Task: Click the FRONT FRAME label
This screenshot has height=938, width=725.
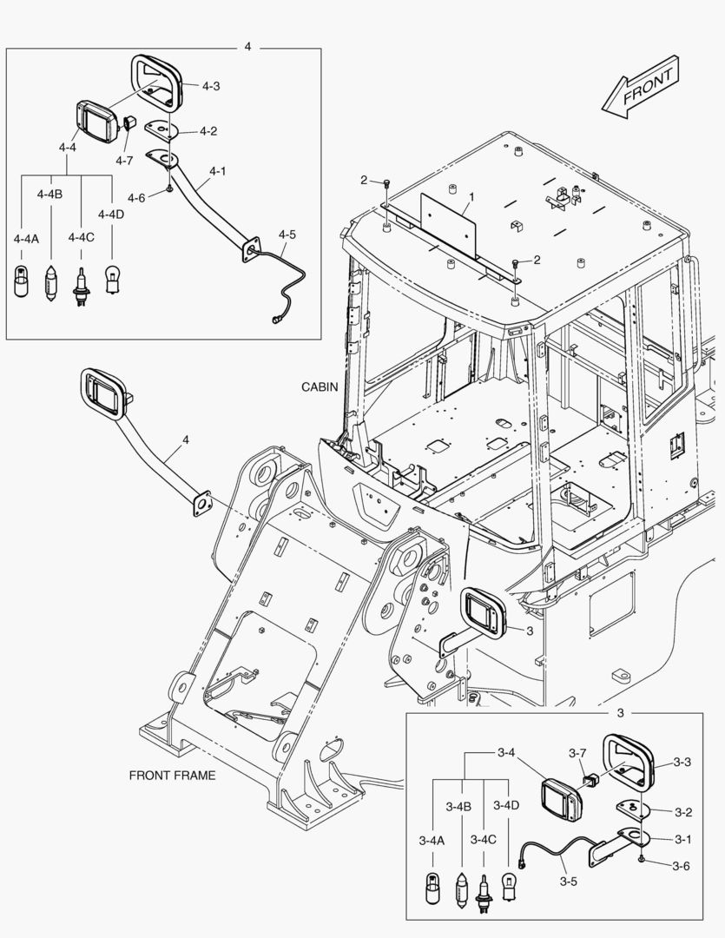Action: pos(172,775)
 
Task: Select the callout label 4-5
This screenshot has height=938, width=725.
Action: pos(287,234)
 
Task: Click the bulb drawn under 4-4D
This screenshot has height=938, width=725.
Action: pos(111,280)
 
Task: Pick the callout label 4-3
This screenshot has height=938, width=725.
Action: pos(210,86)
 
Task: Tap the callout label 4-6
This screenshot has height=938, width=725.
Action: pos(135,197)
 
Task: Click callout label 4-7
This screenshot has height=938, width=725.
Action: pos(124,160)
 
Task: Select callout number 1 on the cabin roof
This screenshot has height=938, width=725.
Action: pos(470,198)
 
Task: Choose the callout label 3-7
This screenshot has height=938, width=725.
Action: pos(578,752)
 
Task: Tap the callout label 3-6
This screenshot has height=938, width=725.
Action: pos(682,865)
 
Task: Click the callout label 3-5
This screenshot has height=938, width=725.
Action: pos(568,882)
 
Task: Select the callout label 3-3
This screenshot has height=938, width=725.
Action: pos(682,763)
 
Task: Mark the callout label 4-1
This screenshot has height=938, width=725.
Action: pos(217,171)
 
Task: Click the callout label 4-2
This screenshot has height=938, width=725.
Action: pos(208,131)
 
